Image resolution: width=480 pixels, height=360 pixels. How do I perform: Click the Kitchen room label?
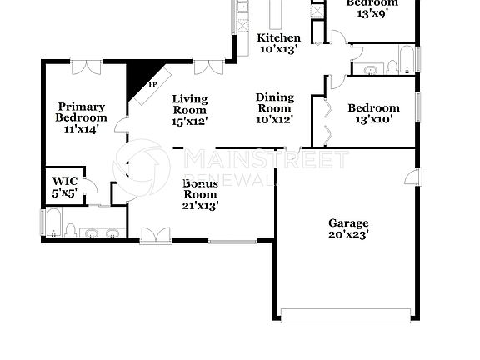(x=278, y=38)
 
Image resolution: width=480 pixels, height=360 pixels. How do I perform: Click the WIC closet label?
(x=65, y=180)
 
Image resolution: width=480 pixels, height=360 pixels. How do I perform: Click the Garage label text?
(x=348, y=222)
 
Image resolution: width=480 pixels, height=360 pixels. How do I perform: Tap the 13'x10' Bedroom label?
(x=373, y=107)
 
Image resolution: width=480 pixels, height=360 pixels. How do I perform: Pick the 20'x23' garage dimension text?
(x=348, y=235)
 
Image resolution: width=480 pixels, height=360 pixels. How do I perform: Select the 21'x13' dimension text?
(x=200, y=206)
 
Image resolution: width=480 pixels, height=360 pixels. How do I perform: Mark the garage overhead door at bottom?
(x=346, y=315)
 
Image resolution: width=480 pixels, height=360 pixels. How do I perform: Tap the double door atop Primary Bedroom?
(x=87, y=62)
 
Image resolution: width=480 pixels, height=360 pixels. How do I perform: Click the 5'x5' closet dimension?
(x=65, y=192)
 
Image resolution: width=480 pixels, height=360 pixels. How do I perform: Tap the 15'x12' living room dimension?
(x=190, y=121)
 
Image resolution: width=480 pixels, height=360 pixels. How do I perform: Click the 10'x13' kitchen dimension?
(x=278, y=50)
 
